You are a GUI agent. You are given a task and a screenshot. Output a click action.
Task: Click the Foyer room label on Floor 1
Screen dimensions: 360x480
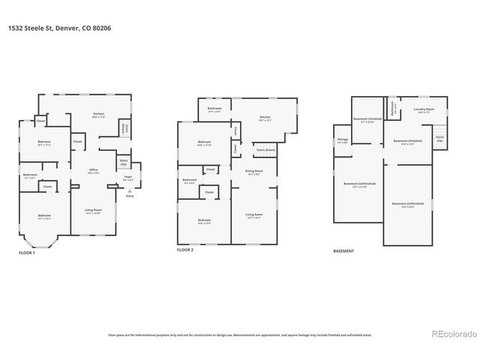tap(128, 178)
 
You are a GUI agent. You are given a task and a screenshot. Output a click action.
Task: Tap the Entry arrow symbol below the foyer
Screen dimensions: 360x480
tap(130, 193)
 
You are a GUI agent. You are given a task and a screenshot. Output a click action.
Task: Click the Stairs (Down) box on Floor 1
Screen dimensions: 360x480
tap(124, 130)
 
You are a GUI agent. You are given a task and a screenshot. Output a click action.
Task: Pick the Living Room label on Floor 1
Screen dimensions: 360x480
tap(94, 212)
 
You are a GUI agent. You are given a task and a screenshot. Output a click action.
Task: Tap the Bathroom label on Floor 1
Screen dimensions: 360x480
tap(30, 176)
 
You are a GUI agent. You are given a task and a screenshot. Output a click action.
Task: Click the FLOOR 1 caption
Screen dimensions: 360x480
tap(27, 253)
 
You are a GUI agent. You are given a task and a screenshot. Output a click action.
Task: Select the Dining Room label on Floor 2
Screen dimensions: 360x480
tap(254, 172)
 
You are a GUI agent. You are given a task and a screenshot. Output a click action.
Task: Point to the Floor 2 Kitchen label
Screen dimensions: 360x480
tap(265, 118)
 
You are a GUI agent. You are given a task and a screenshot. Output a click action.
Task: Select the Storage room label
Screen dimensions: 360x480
tap(342, 140)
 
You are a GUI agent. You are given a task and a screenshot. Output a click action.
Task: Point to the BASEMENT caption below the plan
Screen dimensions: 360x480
tap(343, 251)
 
